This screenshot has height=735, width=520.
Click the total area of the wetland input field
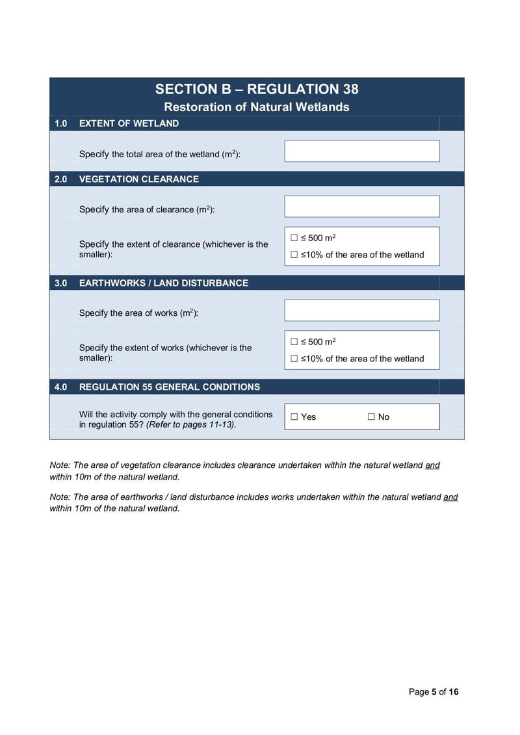click(361, 151)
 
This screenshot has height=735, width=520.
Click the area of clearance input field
click(361, 207)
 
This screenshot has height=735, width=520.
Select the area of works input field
click(361, 311)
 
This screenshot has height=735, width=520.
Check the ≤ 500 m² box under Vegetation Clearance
click(294, 239)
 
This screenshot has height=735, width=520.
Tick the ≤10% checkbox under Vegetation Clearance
click(294, 255)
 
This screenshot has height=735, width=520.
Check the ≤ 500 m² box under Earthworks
click(294, 342)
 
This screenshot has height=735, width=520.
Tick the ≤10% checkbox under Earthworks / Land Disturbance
click(294, 359)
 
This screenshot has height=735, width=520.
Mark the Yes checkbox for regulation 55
click(294, 417)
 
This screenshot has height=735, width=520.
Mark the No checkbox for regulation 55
click(371, 417)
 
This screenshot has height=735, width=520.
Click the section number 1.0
click(60, 123)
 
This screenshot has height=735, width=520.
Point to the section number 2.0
click(60, 179)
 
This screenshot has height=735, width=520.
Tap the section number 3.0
click(60, 283)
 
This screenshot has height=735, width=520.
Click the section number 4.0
click(60, 387)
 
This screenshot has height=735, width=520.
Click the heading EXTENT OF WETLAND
click(129, 123)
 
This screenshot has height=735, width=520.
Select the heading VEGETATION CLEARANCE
click(138, 179)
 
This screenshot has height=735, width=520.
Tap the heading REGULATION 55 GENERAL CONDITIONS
click(169, 387)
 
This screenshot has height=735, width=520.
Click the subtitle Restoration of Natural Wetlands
click(257, 107)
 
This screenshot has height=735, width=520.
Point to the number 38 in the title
click(346, 90)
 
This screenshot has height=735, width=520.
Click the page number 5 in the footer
click(434, 692)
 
